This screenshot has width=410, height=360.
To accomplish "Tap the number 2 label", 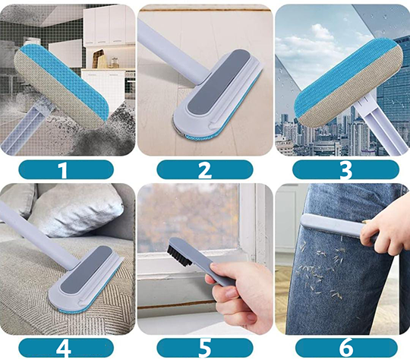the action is tap(205, 169).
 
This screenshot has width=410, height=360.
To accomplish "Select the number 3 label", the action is tap(345, 169).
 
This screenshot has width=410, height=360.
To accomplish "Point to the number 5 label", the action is tap(205, 348).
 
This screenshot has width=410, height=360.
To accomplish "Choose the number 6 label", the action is tap(346, 348).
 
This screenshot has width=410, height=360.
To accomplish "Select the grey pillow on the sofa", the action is tap(76, 210).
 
